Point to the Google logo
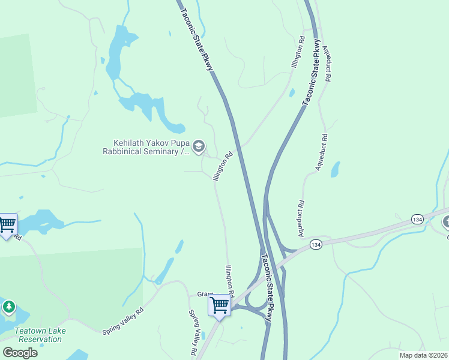[20, 352]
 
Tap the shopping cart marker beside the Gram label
[219, 306]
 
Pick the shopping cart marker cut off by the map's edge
[7, 226]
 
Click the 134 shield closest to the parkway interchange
[316, 245]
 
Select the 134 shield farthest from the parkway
[417, 220]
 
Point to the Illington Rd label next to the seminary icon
[221, 166]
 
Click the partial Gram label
[205, 294]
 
